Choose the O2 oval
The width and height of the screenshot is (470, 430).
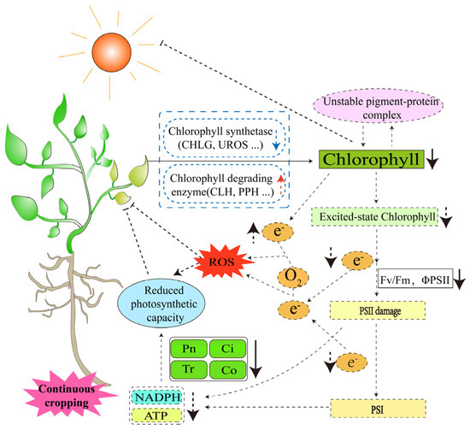pos(291,276)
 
